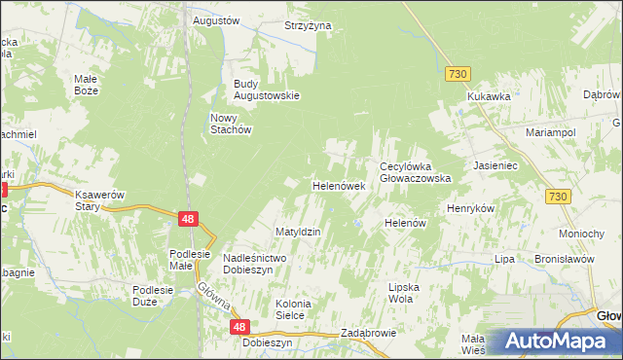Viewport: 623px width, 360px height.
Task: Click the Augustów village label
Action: (216, 19)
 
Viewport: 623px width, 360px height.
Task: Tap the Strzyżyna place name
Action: (308, 25)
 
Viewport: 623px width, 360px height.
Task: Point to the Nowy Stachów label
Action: (232, 124)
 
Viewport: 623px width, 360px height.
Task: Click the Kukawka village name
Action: (489, 96)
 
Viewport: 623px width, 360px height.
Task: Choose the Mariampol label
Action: (551, 131)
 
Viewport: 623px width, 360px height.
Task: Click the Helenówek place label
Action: (338, 185)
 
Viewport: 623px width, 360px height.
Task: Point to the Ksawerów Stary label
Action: (100, 200)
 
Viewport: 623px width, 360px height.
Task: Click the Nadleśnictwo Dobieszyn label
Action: (253, 263)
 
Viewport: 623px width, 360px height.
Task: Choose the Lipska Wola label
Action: (415, 293)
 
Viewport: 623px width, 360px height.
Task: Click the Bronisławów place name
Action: (565, 260)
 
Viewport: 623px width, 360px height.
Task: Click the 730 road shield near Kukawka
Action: (458, 74)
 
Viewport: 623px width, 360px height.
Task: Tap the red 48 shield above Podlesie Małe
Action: (190, 220)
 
